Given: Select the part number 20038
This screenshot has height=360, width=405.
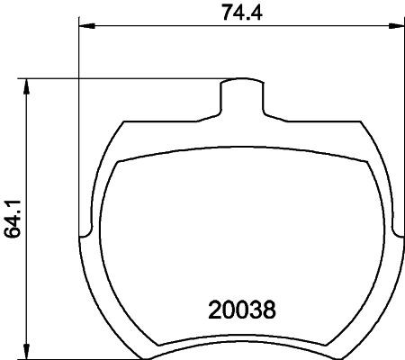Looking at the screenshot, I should (241, 310).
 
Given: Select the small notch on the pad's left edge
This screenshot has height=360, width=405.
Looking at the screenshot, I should (85, 237).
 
